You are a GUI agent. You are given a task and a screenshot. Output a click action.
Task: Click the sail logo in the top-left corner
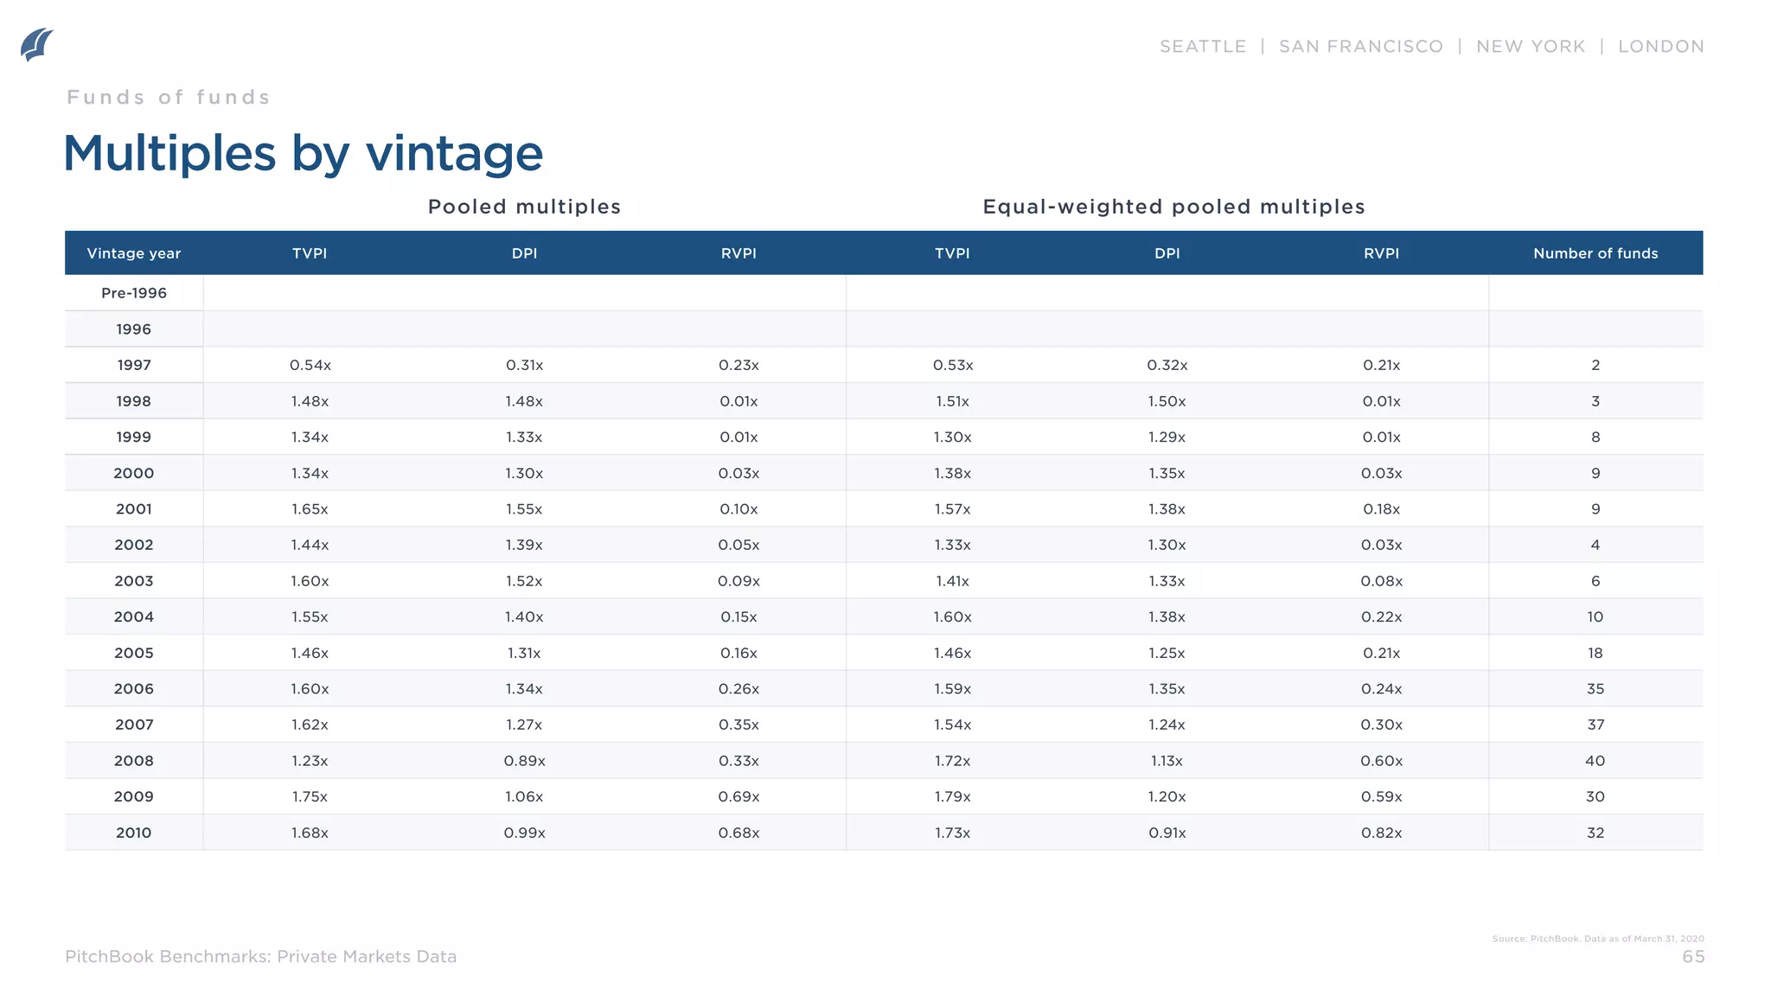click(36, 45)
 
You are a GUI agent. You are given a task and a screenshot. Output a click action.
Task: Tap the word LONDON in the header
click(1661, 47)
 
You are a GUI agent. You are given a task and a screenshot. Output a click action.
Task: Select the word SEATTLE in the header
click(1203, 47)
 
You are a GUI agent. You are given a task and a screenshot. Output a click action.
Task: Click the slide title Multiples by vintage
click(304, 154)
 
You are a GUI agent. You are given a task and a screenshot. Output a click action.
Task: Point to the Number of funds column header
click(1595, 253)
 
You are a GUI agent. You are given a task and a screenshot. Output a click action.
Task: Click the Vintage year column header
click(134, 253)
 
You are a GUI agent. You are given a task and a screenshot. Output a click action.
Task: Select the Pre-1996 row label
click(134, 293)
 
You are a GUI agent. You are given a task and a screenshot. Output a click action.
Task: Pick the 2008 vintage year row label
click(134, 761)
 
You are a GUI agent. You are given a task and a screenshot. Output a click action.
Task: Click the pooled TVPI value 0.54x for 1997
click(310, 365)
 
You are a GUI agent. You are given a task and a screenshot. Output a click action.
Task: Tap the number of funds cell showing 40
click(1595, 761)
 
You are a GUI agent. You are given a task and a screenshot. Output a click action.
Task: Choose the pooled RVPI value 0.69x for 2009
click(738, 796)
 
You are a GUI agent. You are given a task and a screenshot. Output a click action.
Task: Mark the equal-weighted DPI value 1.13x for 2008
click(1167, 761)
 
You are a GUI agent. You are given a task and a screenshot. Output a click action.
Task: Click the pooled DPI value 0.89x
click(524, 761)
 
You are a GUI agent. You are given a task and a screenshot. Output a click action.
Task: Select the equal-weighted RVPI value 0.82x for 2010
click(1381, 833)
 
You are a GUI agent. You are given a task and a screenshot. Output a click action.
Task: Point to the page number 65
click(1693, 956)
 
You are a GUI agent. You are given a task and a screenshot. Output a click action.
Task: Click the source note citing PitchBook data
click(1598, 938)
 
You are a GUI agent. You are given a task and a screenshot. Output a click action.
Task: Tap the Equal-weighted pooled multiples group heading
click(1173, 207)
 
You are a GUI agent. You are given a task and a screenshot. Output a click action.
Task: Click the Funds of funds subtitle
click(169, 97)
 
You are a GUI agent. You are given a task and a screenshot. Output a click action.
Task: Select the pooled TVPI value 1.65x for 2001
click(310, 509)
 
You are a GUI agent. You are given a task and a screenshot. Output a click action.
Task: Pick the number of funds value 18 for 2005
click(1595, 653)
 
